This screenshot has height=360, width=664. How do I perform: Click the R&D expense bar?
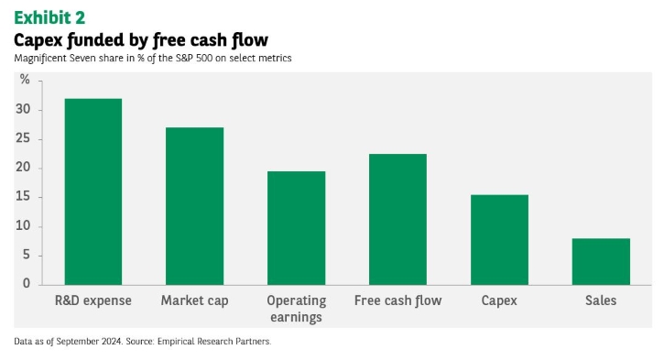(93, 191)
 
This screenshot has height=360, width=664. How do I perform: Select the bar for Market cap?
(194, 206)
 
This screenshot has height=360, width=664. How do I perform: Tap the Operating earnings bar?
(297, 228)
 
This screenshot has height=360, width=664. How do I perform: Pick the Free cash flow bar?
(397, 219)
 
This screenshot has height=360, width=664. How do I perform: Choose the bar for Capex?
(499, 240)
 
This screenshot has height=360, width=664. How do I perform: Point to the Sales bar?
(601, 261)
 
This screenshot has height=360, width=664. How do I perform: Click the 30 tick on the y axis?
(23, 109)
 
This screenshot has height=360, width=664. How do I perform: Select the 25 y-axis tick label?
(23, 138)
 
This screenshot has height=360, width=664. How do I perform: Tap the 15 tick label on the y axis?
(23, 197)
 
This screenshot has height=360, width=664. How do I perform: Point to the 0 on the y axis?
(27, 283)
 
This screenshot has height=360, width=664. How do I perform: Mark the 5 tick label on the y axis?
(27, 255)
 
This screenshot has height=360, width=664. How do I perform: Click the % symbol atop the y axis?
(25, 79)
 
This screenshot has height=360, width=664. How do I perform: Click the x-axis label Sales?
(601, 300)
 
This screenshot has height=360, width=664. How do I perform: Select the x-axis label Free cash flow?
(398, 300)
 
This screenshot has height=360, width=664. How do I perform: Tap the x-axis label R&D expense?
(93, 300)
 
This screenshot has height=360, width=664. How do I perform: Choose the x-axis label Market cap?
(195, 300)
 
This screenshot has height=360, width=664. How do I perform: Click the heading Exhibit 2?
(49, 17)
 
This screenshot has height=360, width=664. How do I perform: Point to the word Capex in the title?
(38, 40)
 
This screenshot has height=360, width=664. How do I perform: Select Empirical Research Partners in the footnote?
(213, 342)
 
